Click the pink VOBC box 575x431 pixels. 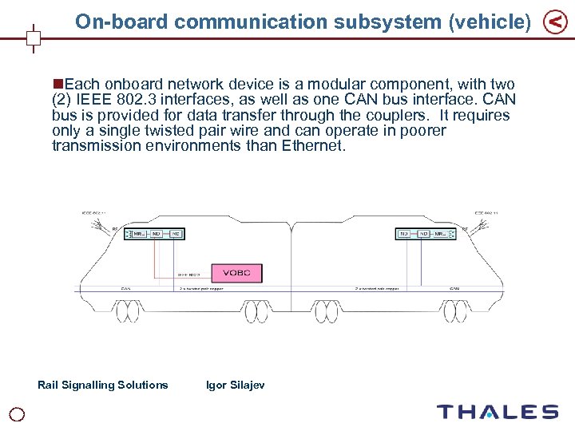(236, 273)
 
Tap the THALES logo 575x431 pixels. (497, 412)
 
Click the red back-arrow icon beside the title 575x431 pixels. (555, 23)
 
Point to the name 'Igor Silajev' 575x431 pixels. (235, 385)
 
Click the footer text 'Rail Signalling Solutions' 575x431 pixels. (103, 385)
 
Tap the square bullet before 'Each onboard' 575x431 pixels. (57, 84)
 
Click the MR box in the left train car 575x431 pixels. (138, 234)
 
